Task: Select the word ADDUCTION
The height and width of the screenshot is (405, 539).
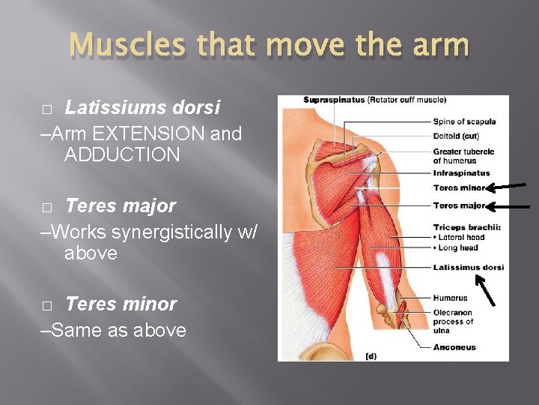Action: pyautogui.click(x=122, y=155)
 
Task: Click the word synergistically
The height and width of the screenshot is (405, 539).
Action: pyautogui.click(x=167, y=232)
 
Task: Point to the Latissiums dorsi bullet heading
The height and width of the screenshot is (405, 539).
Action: pyautogui.click(x=142, y=108)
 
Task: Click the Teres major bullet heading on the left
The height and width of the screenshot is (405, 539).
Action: pyautogui.click(x=121, y=205)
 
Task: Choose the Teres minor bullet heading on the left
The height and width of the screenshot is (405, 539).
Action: pyautogui.click(x=121, y=304)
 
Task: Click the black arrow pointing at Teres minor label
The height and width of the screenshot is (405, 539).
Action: pyautogui.click(x=508, y=187)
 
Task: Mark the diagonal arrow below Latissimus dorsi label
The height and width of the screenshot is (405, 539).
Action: pyautogui.click(x=487, y=290)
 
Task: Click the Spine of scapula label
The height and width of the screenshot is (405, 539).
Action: pyautogui.click(x=464, y=122)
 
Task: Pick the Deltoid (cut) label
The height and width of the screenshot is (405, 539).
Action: pyautogui.click(x=457, y=136)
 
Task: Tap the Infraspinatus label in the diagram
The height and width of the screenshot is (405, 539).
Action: pyautogui.click(x=461, y=173)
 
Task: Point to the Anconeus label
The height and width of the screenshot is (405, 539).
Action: pyautogui.click(x=454, y=347)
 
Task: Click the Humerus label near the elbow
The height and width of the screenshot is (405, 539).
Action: pyautogui.click(x=450, y=298)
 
